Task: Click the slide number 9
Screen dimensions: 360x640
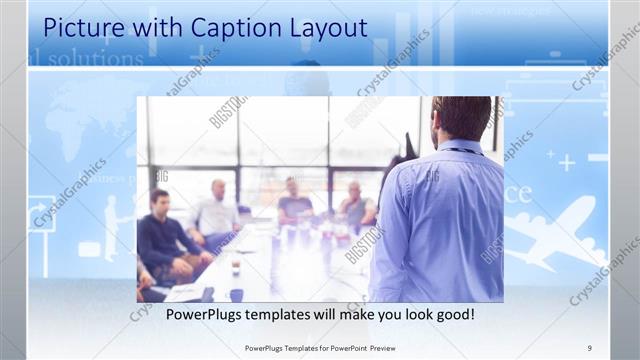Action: click(x=590, y=346)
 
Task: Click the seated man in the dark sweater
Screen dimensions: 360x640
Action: click(x=160, y=235)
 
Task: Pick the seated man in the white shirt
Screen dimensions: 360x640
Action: click(x=217, y=212)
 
